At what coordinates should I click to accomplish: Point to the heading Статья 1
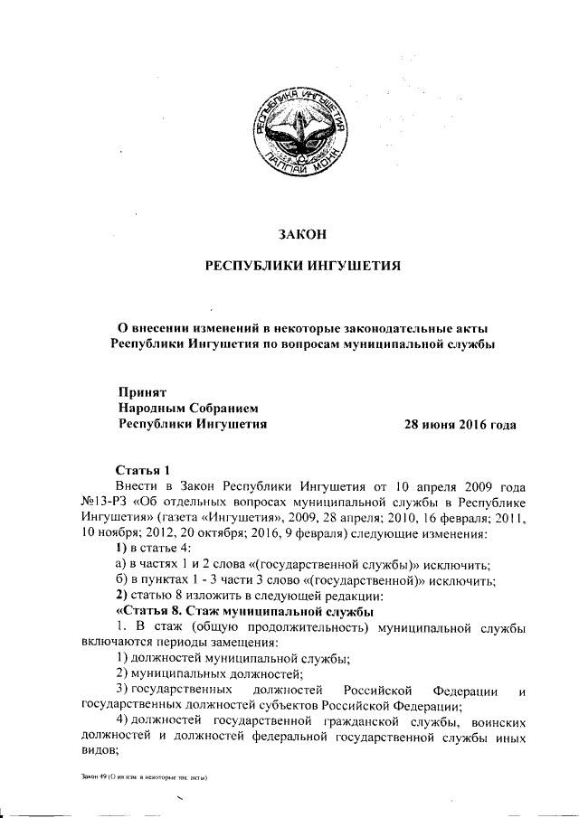coord(144,470)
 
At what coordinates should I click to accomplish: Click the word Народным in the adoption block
coord(157,408)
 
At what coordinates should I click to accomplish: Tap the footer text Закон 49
coord(89,778)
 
